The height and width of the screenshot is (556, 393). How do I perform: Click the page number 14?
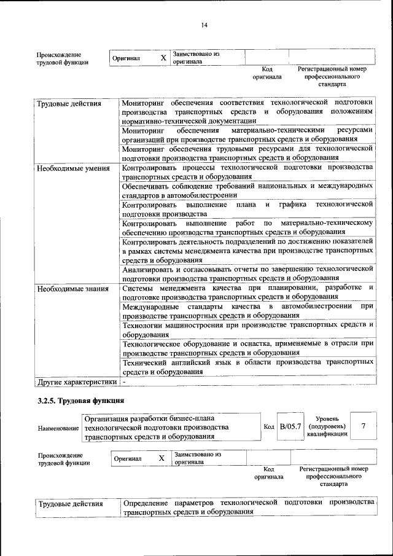pos(204,25)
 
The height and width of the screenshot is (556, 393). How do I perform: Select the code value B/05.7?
pos(290,426)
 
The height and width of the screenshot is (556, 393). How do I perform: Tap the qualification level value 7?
pos(364,426)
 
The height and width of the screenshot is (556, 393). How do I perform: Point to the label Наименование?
pos(58,427)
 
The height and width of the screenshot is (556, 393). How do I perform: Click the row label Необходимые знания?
pos(72,288)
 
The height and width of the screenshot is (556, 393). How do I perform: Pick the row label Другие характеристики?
pos(77,382)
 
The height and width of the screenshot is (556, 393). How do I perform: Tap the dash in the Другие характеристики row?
pos(123,382)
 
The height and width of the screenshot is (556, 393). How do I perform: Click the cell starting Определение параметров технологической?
pos(249,507)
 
